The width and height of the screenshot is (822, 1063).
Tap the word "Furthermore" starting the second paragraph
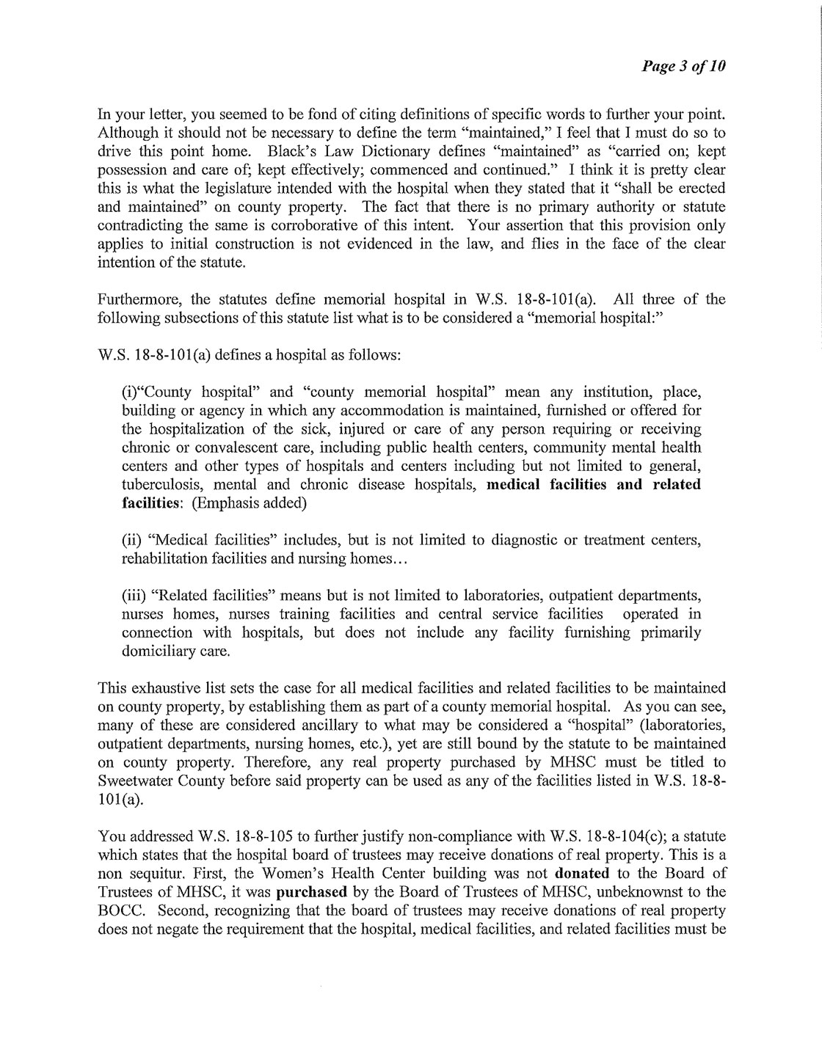[131, 299]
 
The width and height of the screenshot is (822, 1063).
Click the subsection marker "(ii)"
[129, 541]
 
